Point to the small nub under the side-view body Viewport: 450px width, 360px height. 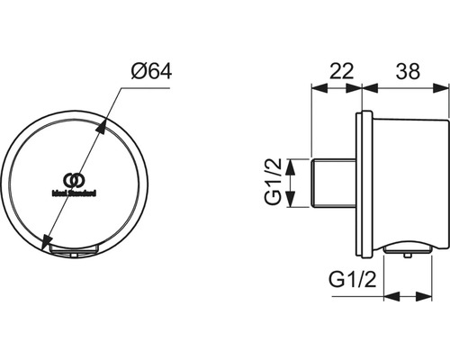tap(410, 256)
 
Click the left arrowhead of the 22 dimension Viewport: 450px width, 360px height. tap(315, 87)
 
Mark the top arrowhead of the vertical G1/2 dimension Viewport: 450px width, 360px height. tap(290, 163)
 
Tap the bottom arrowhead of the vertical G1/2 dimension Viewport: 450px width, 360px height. tap(290, 202)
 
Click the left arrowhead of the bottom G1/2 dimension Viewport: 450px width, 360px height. tap(389, 297)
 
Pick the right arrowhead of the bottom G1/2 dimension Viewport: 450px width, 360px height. tap(430, 297)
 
